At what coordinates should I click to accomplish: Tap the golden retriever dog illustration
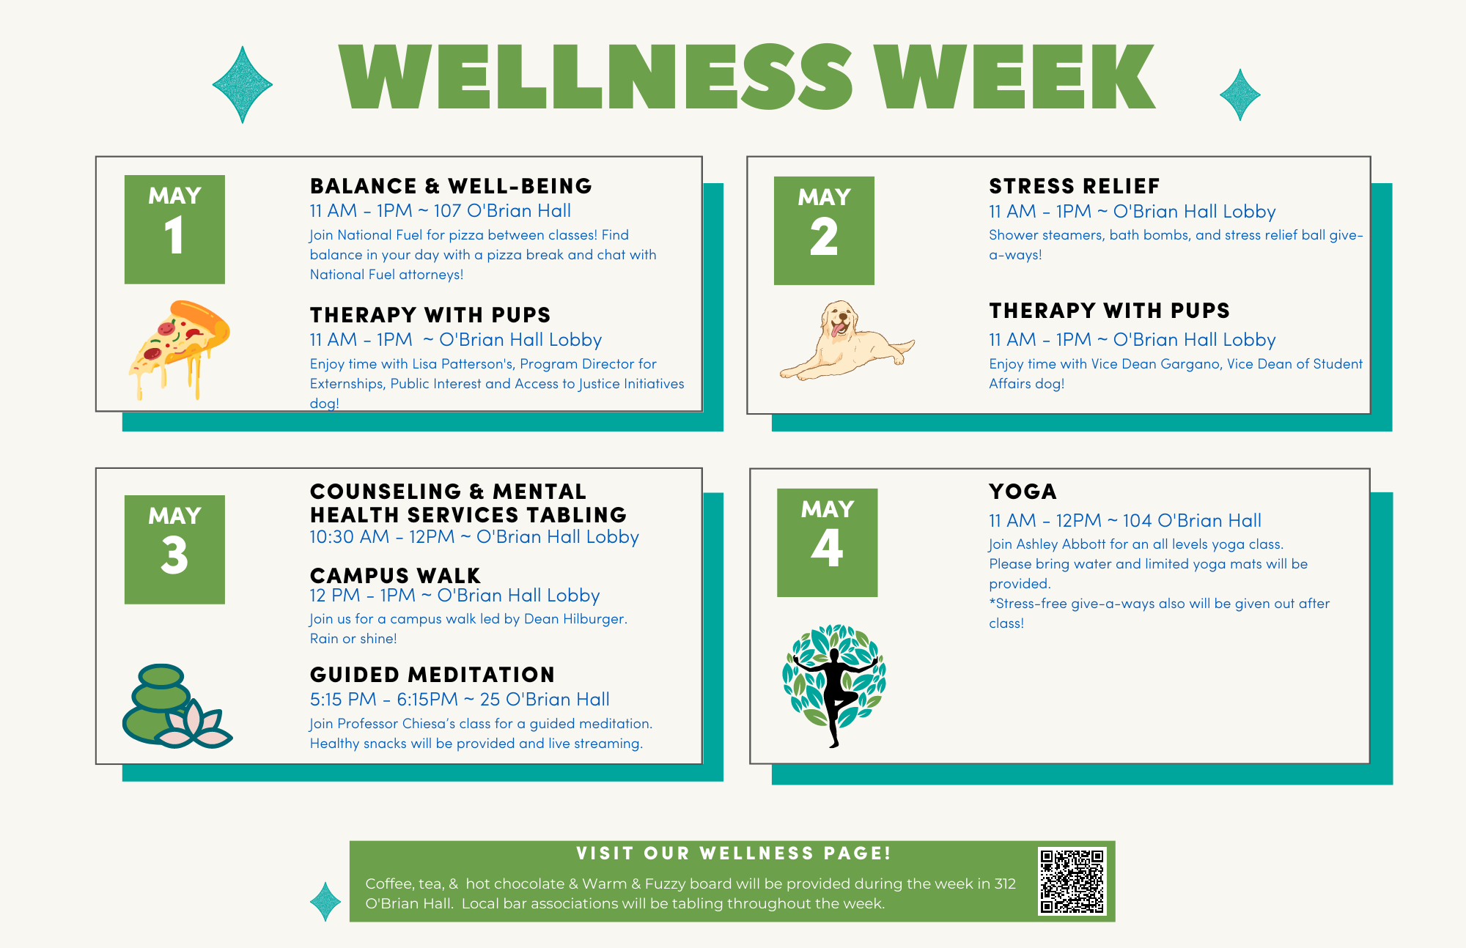pyautogui.click(x=847, y=340)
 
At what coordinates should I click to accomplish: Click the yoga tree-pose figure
pyautogui.click(x=834, y=686)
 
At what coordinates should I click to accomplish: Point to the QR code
pyautogui.click(x=1072, y=881)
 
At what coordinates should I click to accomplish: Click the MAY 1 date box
pyautogui.click(x=174, y=229)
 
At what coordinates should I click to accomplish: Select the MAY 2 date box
pyautogui.click(x=824, y=230)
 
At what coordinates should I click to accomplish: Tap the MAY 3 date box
pyautogui.click(x=174, y=549)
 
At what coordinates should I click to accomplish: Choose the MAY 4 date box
pyautogui.click(x=828, y=543)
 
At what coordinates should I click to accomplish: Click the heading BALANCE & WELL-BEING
pyautogui.click(x=451, y=186)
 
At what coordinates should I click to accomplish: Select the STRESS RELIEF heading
pyautogui.click(x=1075, y=186)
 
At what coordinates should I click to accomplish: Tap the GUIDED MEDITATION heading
pyautogui.click(x=432, y=675)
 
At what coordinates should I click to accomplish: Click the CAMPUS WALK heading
pyautogui.click(x=395, y=575)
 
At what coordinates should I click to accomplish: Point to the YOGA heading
pyautogui.click(x=1023, y=492)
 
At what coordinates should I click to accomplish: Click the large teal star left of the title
pyautogui.click(x=243, y=85)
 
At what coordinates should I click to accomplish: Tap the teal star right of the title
pyautogui.click(x=1240, y=95)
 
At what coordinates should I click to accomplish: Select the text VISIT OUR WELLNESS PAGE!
pyautogui.click(x=734, y=853)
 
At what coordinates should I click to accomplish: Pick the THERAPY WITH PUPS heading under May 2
pyautogui.click(x=1109, y=311)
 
